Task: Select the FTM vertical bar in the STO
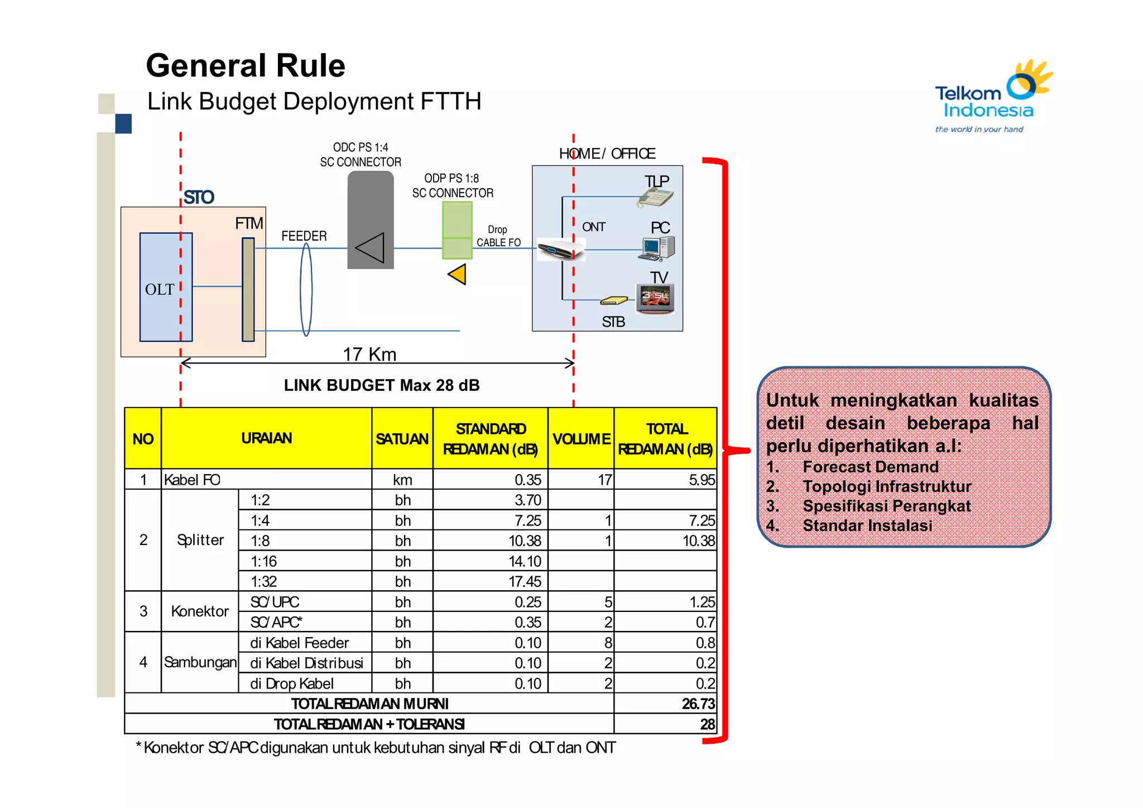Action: (248, 289)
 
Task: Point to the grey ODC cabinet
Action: (371, 220)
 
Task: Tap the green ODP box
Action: (457, 230)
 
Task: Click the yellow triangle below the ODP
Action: (458, 275)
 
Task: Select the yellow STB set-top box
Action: (613, 301)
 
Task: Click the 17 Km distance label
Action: (369, 354)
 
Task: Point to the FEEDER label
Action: (304, 236)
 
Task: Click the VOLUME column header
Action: (581, 439)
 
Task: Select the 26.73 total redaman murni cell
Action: (698, 704)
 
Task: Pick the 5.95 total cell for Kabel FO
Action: (701, 480)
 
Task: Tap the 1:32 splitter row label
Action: (264, 581)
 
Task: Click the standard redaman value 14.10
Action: (525, 561)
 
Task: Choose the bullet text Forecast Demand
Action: (870, 467)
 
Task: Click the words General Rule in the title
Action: (246, 66)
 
